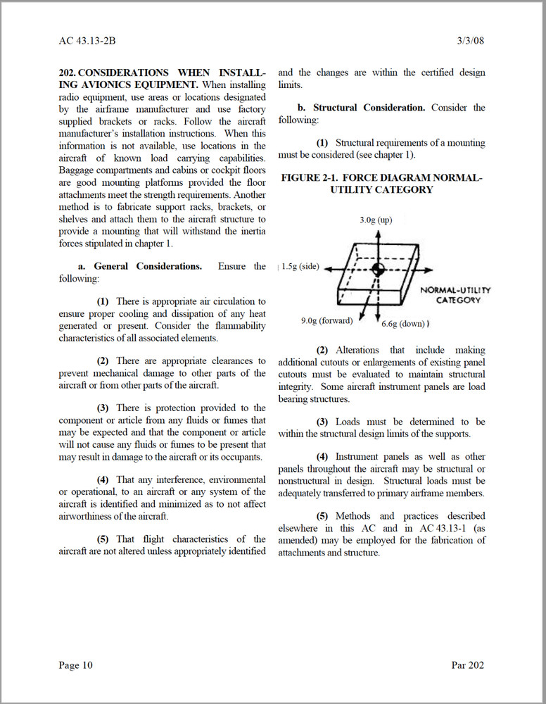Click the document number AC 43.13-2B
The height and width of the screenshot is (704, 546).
pyautogui.click(x=87, y=40)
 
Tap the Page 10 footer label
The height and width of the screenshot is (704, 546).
pyautogui.click(x=75, y=665)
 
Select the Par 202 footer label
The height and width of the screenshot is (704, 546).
pyautogui.click(x=467, y=665)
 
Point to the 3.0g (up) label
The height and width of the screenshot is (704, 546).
pyautogui.click(x=376, y=220)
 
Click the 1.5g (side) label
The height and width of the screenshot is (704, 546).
pyautogui.click(x=300, y=267)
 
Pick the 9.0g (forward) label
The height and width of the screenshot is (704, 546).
pyautogui.click(x=327, y=321)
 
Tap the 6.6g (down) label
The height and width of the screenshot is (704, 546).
pyautogui.click(x=403, y=324)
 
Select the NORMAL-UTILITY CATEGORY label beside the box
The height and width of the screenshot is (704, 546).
pyautogui.click(x=455, y=295)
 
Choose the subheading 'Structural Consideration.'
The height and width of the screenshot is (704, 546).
pyautogui.click(x=369, y=108)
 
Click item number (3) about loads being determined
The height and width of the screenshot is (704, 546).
pyautogui.click(x=322, y=422)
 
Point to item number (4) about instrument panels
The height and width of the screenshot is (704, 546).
pyautogui.click(x=322, y=457)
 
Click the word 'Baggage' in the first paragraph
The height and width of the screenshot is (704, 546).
pyautogui.click(x=77, y=170)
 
